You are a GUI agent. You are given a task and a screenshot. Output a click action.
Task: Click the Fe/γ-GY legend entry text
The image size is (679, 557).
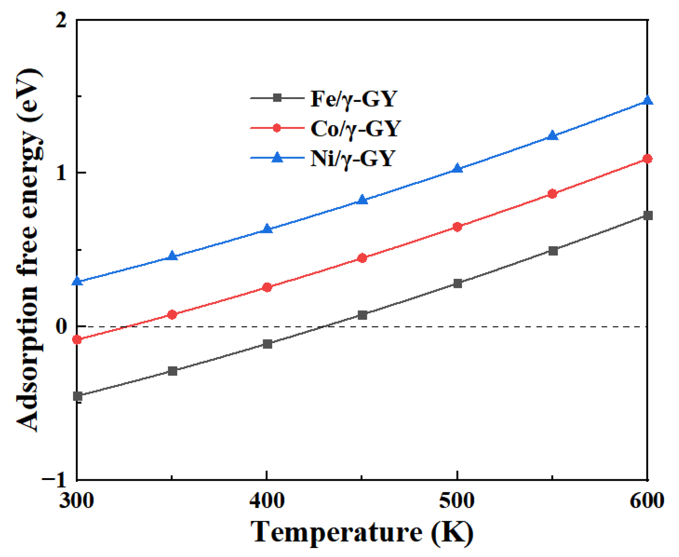tap(353, 99)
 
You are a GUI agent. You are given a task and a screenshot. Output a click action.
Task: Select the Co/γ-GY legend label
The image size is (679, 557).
tap(355, 129)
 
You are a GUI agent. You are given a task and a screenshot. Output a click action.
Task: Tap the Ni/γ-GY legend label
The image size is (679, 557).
tap(352, 159)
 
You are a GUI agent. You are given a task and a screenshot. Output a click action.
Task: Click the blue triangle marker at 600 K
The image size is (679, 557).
tap(648, 101)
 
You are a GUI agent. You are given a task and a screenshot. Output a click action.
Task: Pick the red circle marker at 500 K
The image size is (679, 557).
tap(457, 227)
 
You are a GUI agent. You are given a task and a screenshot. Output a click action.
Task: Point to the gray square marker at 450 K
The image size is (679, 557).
tap(362, 315)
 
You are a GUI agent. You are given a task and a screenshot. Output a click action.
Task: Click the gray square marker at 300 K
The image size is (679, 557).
tap(77, 396)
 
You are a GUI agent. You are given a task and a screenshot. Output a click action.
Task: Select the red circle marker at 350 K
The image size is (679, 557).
tap(172, 315)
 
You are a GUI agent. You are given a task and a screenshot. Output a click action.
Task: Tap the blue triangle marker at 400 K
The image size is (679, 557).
tap(267, 229)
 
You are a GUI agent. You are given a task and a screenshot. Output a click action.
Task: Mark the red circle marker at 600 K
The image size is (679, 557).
tap(648, 159)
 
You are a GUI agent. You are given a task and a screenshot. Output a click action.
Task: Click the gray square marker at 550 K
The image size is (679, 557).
tap(553, 251)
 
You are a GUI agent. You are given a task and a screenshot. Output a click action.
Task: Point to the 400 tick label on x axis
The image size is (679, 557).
tap(267, 501)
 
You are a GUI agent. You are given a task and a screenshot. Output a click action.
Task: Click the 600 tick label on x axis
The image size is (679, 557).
tap(646, 501)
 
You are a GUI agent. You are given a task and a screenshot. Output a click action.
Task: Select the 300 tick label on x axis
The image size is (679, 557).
tap(77, 501)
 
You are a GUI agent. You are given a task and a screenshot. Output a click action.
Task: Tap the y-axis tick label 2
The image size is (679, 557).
tap(61, 20)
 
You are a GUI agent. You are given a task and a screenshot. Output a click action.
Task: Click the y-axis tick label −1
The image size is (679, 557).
tap(55, 479)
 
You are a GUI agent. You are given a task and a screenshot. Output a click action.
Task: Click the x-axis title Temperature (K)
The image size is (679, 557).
tap(362, 532)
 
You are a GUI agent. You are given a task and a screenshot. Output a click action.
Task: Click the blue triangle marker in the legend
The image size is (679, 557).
tap(277, 157)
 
